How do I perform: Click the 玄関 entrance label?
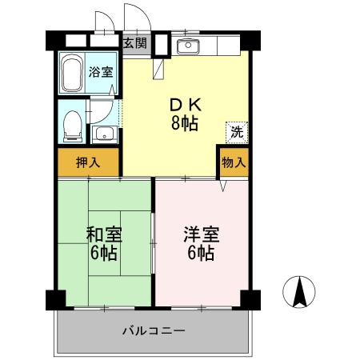tap(134, 42)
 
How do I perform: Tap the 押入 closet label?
tap(88, 162)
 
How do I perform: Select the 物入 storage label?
tap(233, 162)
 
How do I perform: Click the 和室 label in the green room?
tap(104, 235)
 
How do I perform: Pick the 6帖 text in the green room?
tap(104, 254)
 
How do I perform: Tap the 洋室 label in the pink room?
tap(201, 235)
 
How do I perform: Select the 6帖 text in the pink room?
tap(201, 254)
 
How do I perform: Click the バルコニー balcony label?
tap(154, 330)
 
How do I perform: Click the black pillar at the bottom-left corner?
tap(54, 300)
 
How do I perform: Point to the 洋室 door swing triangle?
tap(224, 185)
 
